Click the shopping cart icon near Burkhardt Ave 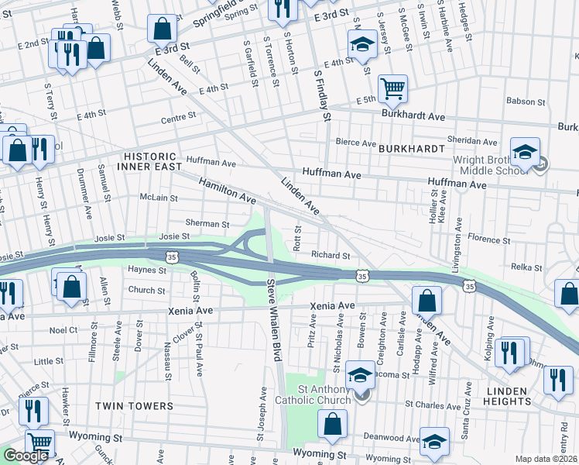(x=392, y=88)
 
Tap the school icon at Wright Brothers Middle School (x=525, y=150)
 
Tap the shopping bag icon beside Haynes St (x=71, y=285)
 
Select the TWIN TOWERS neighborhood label (x=134, y=406)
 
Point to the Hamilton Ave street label (x=227, y=191)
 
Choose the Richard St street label (x=331, y=255)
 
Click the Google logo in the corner (x=26, y=456)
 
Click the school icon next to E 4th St (x=361, y=44)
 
